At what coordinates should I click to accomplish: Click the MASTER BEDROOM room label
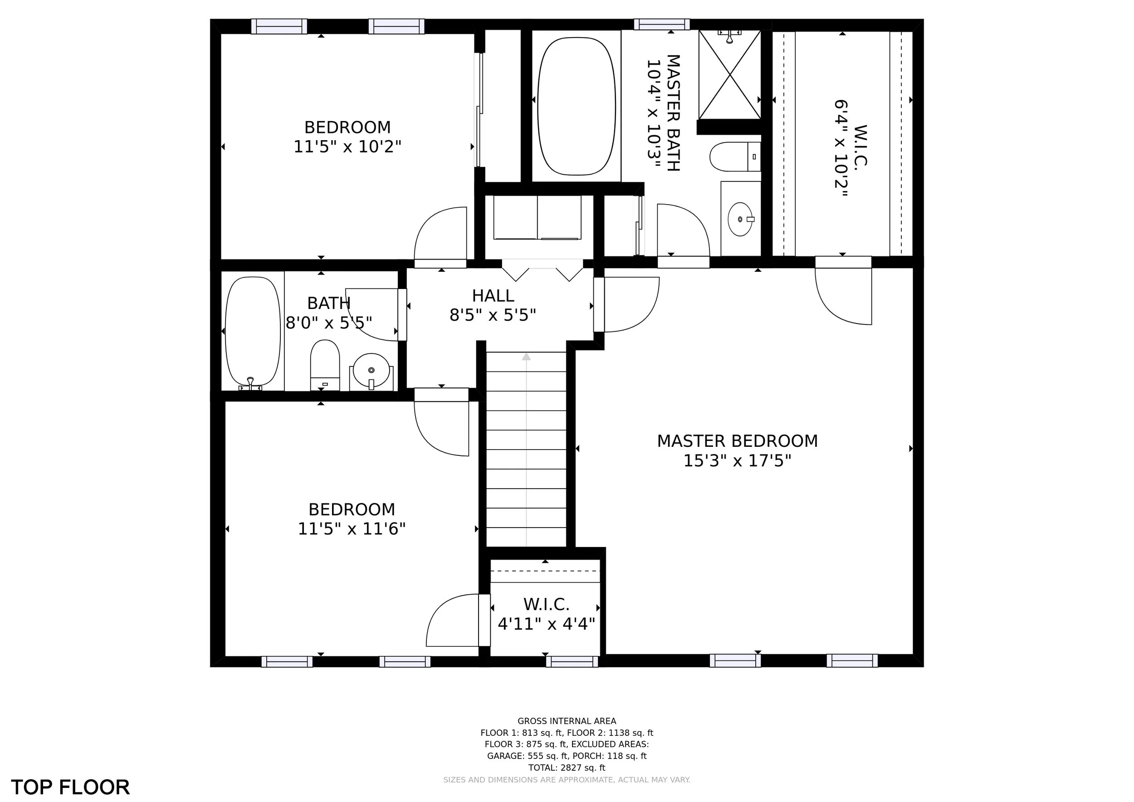pyautogui.click(x=737, y=441)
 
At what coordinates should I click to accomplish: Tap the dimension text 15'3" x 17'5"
pyautogui.click(x=737, y=461)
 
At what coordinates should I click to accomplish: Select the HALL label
pyautogui.click(x=493, y=296)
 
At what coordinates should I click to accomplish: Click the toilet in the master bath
pyautogui.click(x=735, y=156)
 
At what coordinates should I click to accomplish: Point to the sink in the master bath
pyautogui.click(x=740, y=219)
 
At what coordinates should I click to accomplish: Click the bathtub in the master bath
pyautogui.click(x=577, y=106)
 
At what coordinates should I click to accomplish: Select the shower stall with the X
pyautogui.click(x=729, y=74)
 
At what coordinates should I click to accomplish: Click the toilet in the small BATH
pyautogui.click(x=325, y=365)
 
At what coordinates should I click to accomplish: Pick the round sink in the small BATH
pyautogui.click(x=371, y=371)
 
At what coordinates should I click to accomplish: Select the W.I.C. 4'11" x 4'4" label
pyautogui.click(x=546, y=614)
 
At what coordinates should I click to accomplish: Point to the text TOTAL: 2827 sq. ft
pyautogui.click(x=567, y=768)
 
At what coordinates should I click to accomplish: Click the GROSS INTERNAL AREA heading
pyautogui.click(x=567, y=721)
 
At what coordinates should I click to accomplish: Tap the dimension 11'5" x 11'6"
pyautogui.click(x=351, y=529)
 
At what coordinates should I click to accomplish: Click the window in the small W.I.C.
pyautogui.click(x=572, y=661)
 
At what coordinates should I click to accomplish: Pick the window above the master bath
pyautogui.click(x=662, y=24)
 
